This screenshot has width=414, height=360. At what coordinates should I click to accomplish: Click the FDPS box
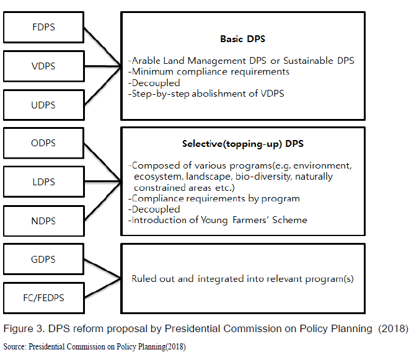point(43,27)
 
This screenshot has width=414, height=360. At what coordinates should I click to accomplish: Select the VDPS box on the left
point(44,66)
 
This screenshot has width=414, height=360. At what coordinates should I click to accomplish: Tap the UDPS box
point(44,105)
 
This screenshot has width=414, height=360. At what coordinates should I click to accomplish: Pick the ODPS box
point(43,143)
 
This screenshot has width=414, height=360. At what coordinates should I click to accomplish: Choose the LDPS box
point(44,182)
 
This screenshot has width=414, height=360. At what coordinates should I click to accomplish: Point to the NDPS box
point(44,221)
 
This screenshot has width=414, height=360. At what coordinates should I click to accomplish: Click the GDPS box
point(43,259)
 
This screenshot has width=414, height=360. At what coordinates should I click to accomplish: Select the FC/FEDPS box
point(44,298)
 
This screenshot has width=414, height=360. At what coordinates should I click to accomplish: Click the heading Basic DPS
point(243,39)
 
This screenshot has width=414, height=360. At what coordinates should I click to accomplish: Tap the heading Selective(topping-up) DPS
point(243,144)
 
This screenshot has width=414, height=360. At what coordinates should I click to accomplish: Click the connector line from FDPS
point(102,46)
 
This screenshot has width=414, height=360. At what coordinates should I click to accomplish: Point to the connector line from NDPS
point(102,201)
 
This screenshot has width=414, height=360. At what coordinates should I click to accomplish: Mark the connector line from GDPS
point(102,269)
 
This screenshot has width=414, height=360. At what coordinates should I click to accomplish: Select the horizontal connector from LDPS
point(103,182)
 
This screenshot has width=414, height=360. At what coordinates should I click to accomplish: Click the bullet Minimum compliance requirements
point(209,72)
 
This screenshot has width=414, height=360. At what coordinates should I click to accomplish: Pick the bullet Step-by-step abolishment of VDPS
point(206,94)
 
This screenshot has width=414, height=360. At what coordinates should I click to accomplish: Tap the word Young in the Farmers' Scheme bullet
point(214,220)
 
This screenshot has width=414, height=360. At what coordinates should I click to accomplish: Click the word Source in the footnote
point(14,346)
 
